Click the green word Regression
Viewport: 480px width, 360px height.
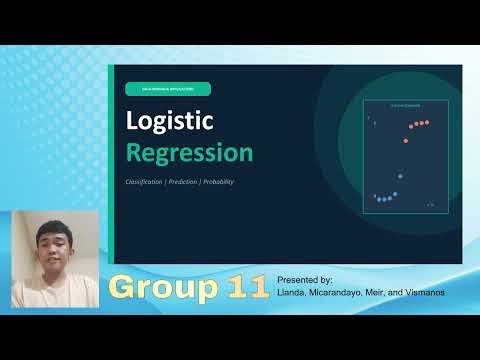pos(189,153)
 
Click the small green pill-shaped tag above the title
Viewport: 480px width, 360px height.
pos(167,89)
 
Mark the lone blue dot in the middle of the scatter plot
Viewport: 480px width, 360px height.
pos(399,177)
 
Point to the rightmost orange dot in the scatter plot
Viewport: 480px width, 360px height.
pos(427,122)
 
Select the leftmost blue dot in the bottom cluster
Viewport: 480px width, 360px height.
pos(375,197)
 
